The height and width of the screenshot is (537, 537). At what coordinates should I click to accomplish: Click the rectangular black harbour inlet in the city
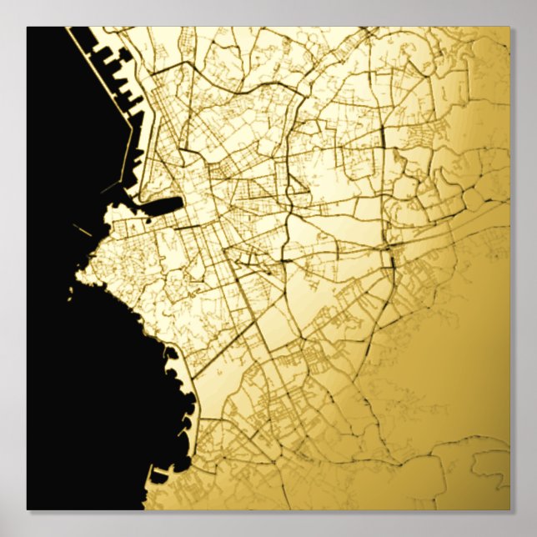tap(164, 205)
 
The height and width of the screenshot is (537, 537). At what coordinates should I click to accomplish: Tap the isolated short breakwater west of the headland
tap(81, 230)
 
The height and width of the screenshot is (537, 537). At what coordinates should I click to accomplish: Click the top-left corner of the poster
tap(27, 27)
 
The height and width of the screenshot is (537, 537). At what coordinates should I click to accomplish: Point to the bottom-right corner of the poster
tap(509, 509)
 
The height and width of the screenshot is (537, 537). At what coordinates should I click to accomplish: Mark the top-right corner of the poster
tap(509, 27)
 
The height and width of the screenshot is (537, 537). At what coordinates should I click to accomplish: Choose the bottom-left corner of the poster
tap(27, 509)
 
